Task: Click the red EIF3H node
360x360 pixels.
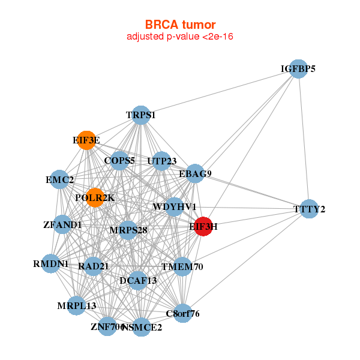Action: (x=203, y=226)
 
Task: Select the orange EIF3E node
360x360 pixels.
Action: (x=86, y=140)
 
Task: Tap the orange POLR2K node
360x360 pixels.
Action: (x=95, y=197)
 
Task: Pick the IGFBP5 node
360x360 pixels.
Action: (x=298, y=68)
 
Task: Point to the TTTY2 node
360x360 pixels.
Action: (x=309, y=209)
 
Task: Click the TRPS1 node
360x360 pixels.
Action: (x=141, y=115)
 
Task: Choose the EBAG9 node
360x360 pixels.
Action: (x=195, y=173)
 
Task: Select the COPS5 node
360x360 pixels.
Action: (x=119, y=161)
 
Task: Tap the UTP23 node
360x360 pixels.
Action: (x=161, y=161)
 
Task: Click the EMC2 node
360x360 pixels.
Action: (x=59, y=179)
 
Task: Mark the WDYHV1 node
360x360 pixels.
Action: (x=174, y=206)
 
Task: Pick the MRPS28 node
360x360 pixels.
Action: (x=128, y=230)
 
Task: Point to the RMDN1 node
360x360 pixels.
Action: (x=51, y=263)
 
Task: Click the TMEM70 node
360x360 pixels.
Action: (x=182, y=266)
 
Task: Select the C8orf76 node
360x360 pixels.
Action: (x=182, y=313)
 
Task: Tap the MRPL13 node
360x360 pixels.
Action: (x=76, y=305)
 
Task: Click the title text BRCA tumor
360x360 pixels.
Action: (x=180, y=25)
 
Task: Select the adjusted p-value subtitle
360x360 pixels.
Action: (x=180, y=37)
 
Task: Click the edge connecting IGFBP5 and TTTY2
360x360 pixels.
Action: (x=304, y=139)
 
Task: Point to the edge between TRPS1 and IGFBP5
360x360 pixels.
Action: (x=220, y=92)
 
